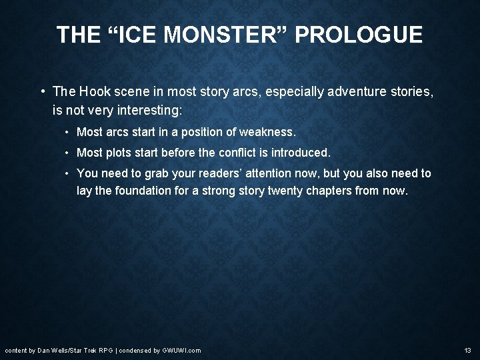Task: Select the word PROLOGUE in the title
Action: click(x=358, y=35)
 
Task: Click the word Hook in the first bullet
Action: click(x=95, y=91)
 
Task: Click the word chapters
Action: click(x=327, y=190)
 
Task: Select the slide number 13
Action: click(x=467, y=350)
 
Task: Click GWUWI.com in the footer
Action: click(x=182, y=350)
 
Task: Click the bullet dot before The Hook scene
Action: click(x=42, y=91)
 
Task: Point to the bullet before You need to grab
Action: click(x=68, y=173)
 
